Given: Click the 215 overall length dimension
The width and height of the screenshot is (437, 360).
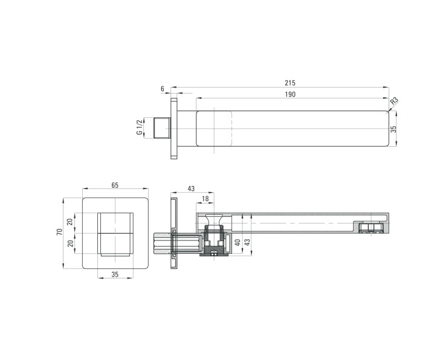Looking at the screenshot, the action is (290, 83).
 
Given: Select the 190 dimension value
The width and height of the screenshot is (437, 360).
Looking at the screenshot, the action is (290, 94).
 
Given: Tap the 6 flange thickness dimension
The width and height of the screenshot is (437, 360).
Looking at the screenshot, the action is (163, 89).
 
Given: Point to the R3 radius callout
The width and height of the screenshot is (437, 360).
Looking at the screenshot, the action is (394, 101).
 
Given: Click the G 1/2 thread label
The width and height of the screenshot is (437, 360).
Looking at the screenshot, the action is (140, 127).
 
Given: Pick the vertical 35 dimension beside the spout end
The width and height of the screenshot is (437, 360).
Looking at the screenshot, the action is (393, 129).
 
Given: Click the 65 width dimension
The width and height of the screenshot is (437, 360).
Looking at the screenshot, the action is (115, 185).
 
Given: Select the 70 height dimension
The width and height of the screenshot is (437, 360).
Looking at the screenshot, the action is (59, 232).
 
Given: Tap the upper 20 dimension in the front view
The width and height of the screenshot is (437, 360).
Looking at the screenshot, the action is (70, 222).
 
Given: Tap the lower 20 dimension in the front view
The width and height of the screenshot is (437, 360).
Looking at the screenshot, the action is (71, 243).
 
